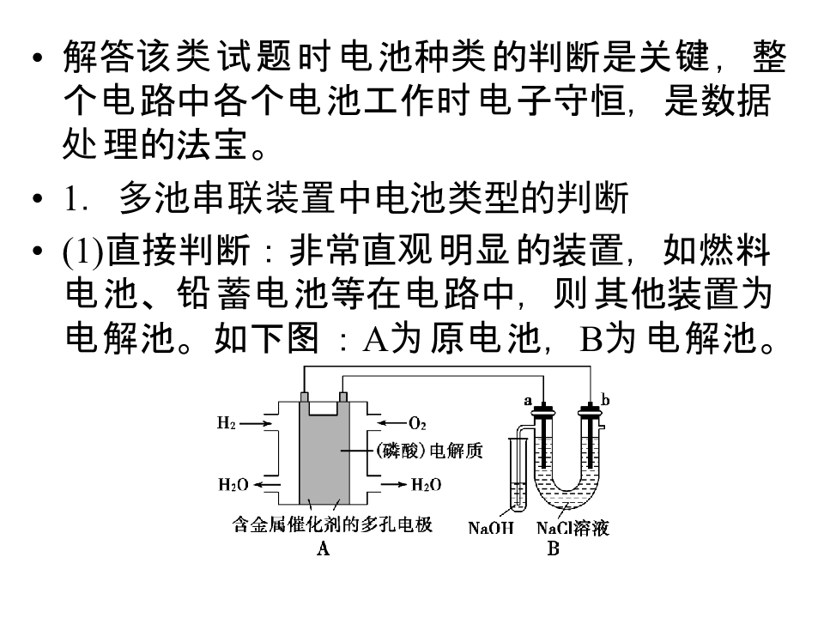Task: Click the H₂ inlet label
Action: pos(227,422)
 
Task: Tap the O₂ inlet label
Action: pos(417,423)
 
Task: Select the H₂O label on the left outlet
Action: pos(233,484)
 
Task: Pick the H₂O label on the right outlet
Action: pos(426,484)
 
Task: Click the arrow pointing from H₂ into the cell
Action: pos(256,423)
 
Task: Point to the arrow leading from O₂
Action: pos(392,423)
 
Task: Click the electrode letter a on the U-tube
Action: pos(528,401)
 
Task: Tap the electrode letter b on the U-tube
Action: pos(605,401)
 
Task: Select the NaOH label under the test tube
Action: pos(490,528)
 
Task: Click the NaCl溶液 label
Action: pos(573,528)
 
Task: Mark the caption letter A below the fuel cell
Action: pos(323,548)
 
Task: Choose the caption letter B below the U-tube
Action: pos(553,548)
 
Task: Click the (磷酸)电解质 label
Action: pos(429,451)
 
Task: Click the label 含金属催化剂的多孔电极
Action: pos(332,524)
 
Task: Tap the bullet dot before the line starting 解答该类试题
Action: pos(37,57)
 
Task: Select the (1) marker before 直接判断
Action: pos(83,251)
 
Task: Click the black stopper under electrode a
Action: pos(543,411)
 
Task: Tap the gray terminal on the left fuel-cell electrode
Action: pos(304,397)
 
